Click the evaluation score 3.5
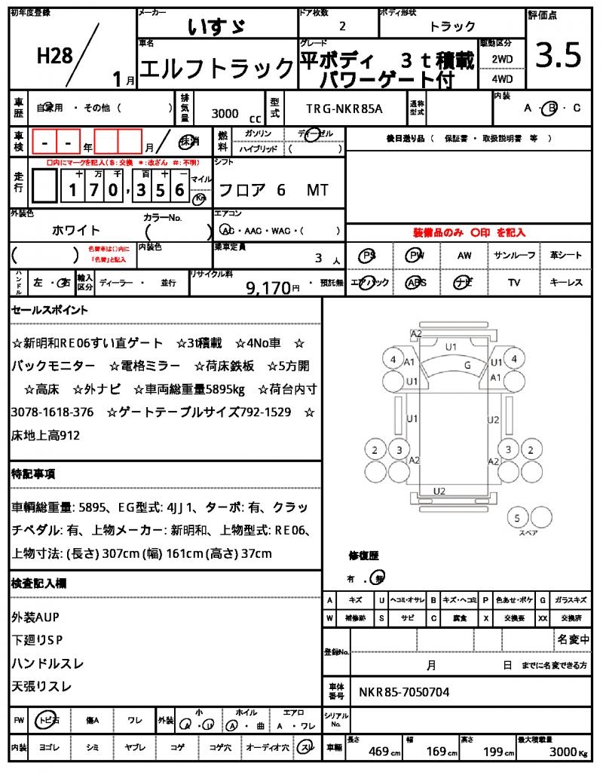point(559,56)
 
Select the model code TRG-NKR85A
point(344,109)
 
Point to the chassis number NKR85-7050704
point(404,691)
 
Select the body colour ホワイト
point(76,230)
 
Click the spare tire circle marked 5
point(516,518)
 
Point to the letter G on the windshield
point(467,365)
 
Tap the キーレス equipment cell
point(565,283)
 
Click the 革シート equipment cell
point(565,256)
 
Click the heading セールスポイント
point(50,310)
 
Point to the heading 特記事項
point(33,474)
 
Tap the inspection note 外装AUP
point(35,617)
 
